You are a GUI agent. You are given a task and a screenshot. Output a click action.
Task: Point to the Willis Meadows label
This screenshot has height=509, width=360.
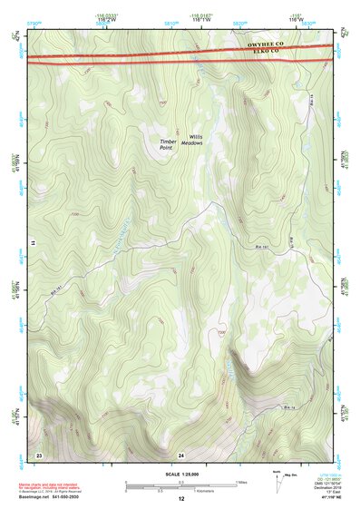click(192, 140)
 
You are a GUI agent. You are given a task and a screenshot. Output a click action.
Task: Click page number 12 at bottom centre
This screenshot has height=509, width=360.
click(181, 499)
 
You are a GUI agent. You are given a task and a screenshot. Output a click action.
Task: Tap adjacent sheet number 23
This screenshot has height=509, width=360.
click(39, 453)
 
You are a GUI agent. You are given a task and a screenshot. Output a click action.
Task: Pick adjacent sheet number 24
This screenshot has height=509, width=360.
click(181, 453)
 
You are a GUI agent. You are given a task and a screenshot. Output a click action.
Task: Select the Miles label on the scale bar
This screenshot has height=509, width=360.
click(241, 482)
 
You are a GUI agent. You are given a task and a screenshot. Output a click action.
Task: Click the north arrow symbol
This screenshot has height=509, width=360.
click(277, 478)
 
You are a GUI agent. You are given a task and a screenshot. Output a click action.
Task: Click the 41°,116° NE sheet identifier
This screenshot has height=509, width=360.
click(322, 498)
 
